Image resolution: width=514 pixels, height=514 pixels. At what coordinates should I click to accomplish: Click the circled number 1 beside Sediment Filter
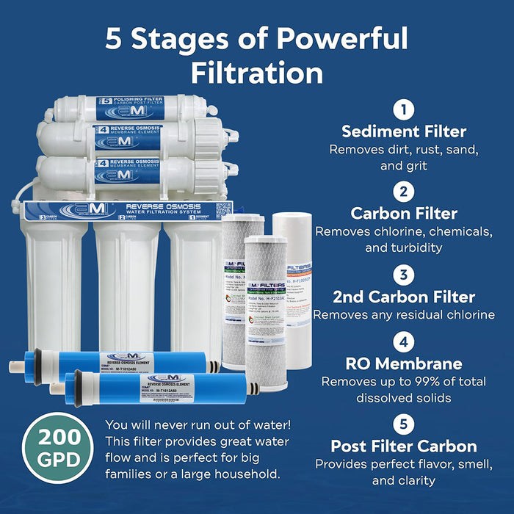coord(403,110)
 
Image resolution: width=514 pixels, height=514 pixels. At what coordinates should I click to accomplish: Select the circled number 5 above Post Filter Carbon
coord(403,424)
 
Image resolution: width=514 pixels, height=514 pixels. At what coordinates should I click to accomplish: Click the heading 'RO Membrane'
coord(403,363)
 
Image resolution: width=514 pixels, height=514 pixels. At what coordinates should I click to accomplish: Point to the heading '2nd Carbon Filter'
coord(403,297)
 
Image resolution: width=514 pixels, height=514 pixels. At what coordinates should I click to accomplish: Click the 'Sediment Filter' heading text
coord(403,132)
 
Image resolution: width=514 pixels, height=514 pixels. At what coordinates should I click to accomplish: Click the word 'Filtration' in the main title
coord(257,73)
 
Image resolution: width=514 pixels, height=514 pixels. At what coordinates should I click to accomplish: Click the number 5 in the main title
coord(114,38)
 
